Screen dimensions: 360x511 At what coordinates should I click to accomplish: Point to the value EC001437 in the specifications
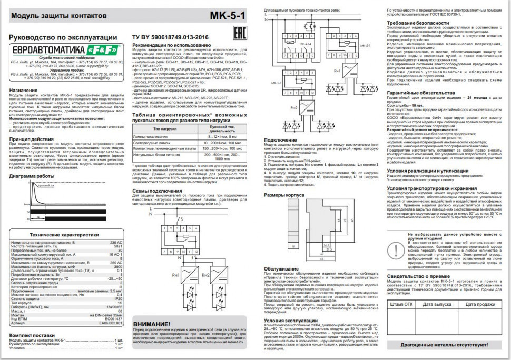pos(113,318)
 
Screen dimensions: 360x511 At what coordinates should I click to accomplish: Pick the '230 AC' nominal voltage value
pos(116,243)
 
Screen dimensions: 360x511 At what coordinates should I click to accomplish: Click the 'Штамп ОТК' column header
pos(401,304)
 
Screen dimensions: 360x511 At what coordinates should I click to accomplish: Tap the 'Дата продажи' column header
pos(480,304)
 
